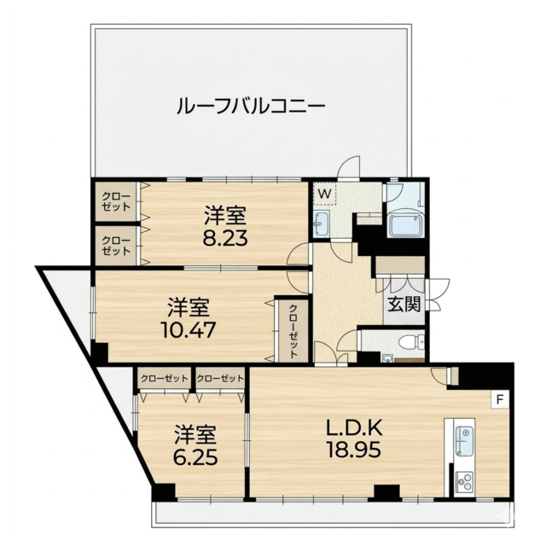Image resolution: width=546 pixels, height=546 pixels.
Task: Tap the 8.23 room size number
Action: pos(225,238)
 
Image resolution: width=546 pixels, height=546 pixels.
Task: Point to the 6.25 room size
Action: pos(196,456)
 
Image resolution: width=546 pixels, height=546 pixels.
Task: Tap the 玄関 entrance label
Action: pos(404,304)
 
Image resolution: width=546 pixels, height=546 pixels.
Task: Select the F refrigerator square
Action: pos(499,398)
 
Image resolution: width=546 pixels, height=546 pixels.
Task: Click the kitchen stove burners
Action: pos(464,480)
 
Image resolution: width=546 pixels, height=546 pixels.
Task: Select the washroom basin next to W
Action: pos(322,224)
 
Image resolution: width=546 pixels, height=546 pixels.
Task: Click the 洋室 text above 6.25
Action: pos(196,433)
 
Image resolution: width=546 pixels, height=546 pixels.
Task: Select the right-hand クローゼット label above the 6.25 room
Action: pos(219,378)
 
